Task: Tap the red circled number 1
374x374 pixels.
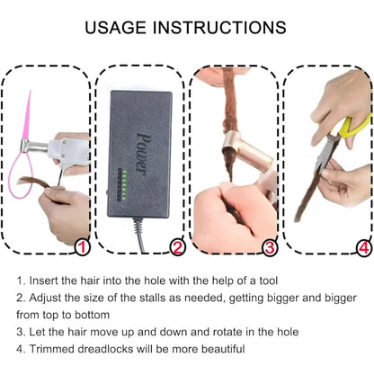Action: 81,245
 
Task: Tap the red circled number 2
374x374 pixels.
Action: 177,245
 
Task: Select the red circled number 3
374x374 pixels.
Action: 269,245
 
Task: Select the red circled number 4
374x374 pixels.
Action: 361,245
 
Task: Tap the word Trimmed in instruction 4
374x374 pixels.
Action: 57,349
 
